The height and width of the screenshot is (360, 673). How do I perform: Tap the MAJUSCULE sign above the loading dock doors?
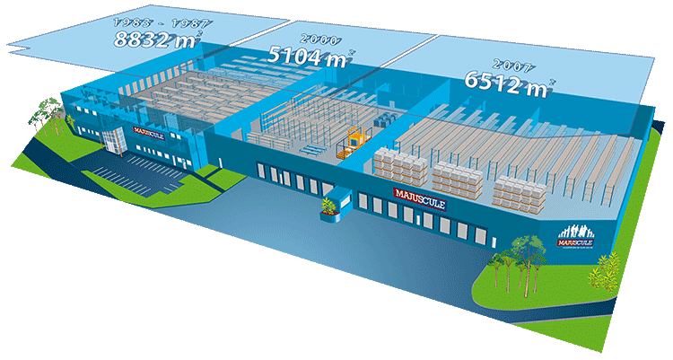[x=419, y=194]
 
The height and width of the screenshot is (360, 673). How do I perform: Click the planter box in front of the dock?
[x=329, y=209]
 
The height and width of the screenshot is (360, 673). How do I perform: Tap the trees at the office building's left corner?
[x=45, y=114]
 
